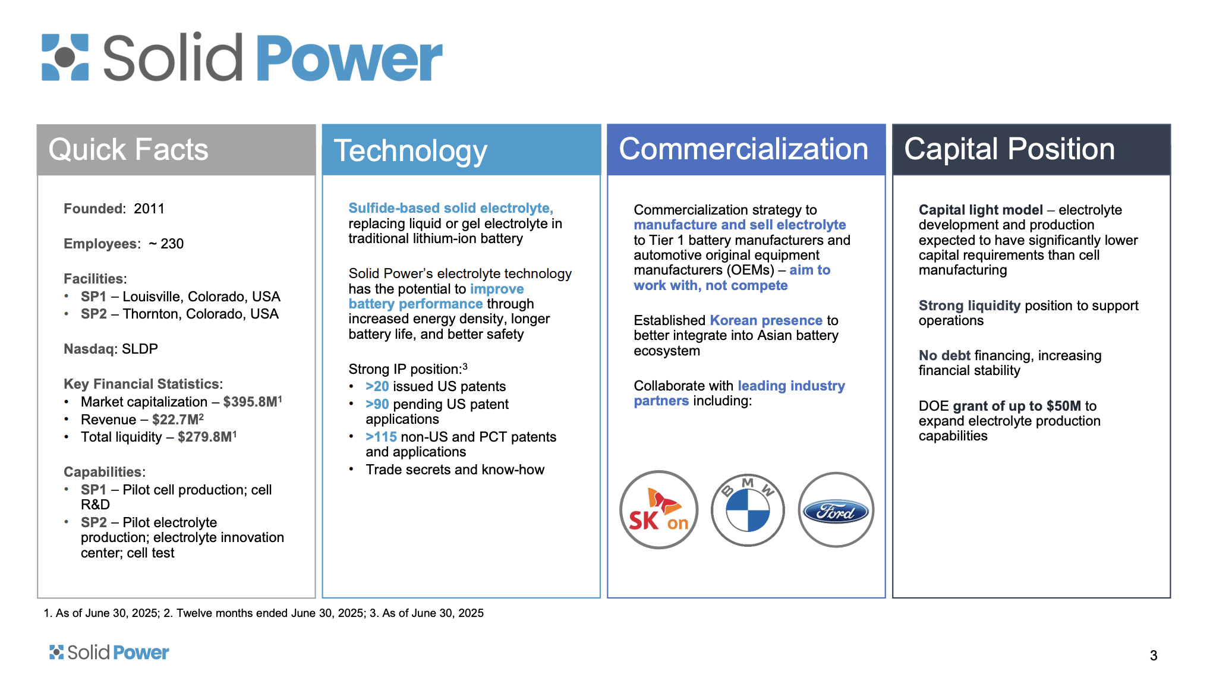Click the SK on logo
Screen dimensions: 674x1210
click(x=658, y=510)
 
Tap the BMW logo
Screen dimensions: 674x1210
click(x=748, y=510)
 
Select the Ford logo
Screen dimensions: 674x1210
click(x=836, y=510)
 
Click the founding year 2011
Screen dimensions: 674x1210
click(x=149, y=209)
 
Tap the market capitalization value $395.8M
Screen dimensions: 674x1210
click(x=250, y=402)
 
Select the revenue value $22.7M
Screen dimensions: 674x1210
click(x=176, y=420)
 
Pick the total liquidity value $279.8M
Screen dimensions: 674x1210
click(x=205, y=437)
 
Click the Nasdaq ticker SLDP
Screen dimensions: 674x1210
click(x=140, y=349)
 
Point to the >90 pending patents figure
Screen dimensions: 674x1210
click(x=377, y=404)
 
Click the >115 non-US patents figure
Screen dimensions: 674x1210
click(x=381, y=437)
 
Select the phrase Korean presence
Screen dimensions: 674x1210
click(x=766, y=320)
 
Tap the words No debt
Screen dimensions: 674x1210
click(x=944, y=355)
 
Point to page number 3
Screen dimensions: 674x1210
click(x=1154, y=655)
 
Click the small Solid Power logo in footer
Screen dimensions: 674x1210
click(x=109, y=653)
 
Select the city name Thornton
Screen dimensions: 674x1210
click(x=150, y=314)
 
